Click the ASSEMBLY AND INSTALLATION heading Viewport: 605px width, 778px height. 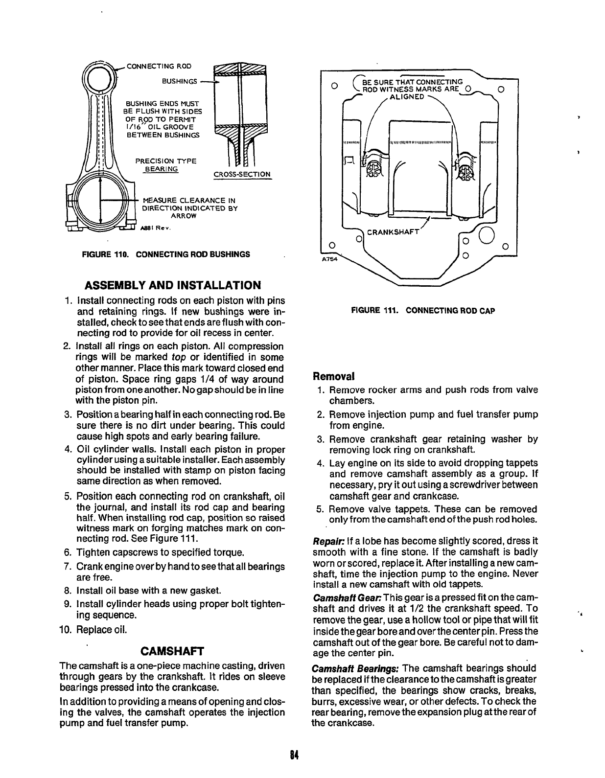tap(173, 285)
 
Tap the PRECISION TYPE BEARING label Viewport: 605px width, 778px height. tap(165, 164)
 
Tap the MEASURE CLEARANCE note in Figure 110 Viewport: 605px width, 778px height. tap(189, 208)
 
